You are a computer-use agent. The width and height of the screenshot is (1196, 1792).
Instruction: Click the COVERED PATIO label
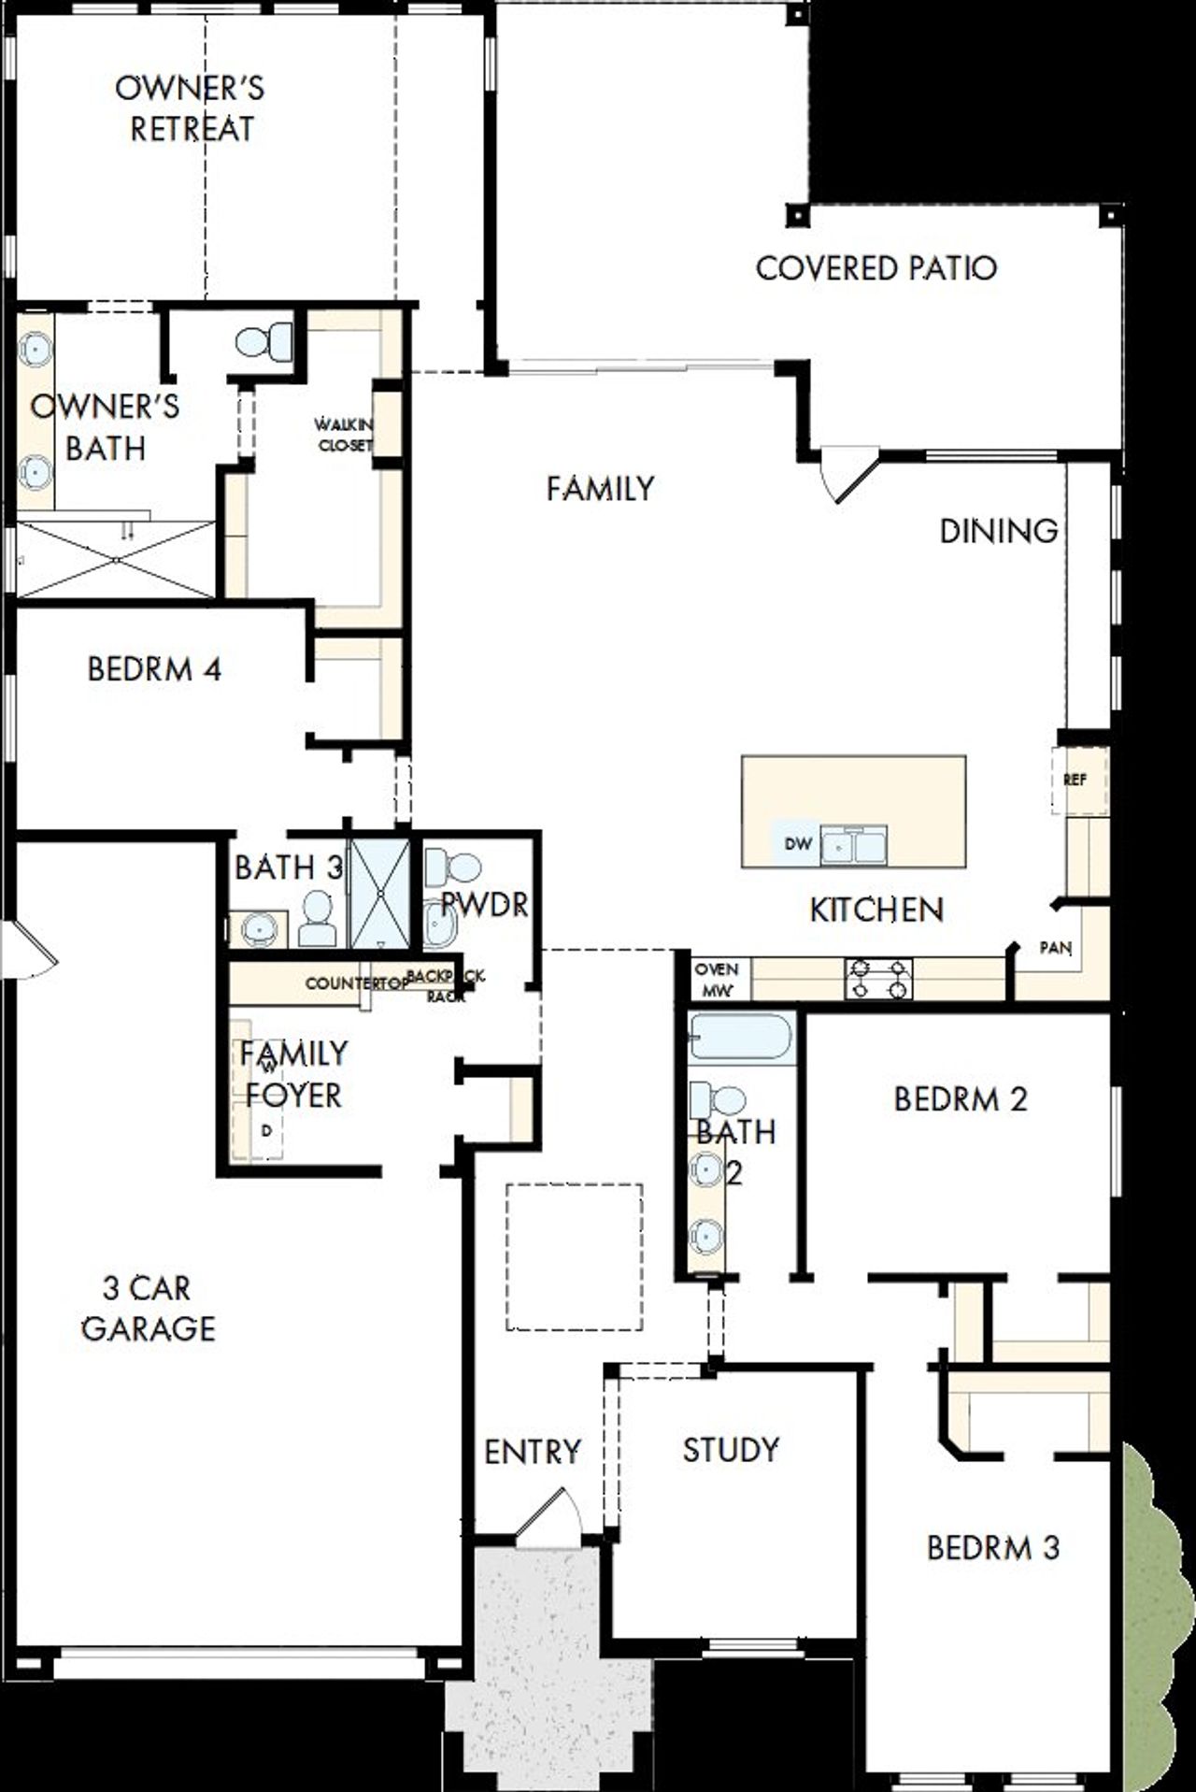876,268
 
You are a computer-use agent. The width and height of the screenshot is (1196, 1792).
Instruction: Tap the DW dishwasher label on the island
797,844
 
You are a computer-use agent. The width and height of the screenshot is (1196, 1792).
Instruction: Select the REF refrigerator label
1075,780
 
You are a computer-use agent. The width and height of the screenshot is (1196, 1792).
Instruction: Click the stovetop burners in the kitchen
878,979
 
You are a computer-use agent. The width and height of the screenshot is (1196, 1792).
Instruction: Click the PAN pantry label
1056,948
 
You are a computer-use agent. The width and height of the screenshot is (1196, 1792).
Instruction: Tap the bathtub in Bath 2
741,1038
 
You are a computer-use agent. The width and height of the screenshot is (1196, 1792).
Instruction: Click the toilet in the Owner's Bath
265,341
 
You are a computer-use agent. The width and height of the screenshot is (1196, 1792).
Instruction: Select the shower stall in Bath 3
380,894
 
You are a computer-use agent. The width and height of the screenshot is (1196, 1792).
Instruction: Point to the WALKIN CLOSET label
345,436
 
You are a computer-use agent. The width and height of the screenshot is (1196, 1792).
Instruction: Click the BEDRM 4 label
154,669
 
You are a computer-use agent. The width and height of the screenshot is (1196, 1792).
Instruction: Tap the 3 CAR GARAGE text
148,1308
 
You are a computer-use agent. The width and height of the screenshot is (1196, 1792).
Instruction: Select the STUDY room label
731,1450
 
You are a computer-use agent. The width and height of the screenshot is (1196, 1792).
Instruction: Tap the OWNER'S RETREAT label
191,108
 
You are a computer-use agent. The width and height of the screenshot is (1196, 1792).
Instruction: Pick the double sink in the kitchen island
854,845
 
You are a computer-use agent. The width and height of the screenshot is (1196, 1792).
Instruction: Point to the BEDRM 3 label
992,1548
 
